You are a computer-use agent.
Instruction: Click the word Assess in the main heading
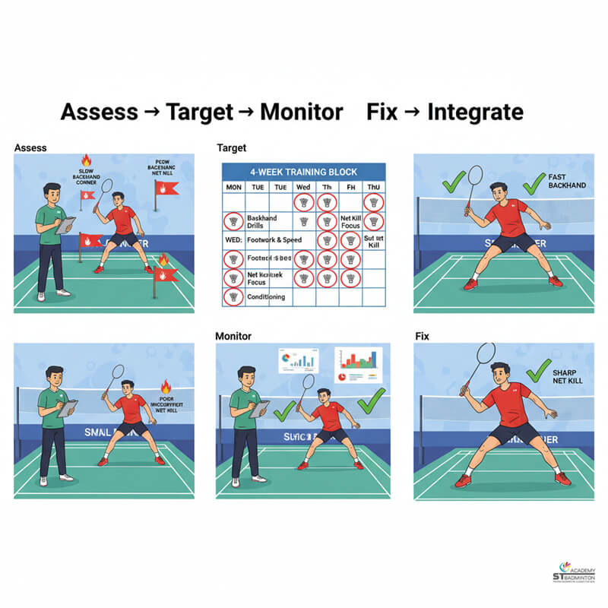99,112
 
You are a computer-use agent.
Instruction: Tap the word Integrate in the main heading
475,112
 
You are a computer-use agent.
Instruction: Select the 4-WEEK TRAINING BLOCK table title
303,172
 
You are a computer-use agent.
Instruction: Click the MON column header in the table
233,187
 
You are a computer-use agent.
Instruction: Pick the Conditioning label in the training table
266,297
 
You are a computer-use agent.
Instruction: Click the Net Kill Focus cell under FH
350,221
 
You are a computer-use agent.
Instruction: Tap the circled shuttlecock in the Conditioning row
233,297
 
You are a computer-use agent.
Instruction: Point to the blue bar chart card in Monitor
299,361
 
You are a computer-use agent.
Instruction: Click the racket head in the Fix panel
483,354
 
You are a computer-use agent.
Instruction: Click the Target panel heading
231,148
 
